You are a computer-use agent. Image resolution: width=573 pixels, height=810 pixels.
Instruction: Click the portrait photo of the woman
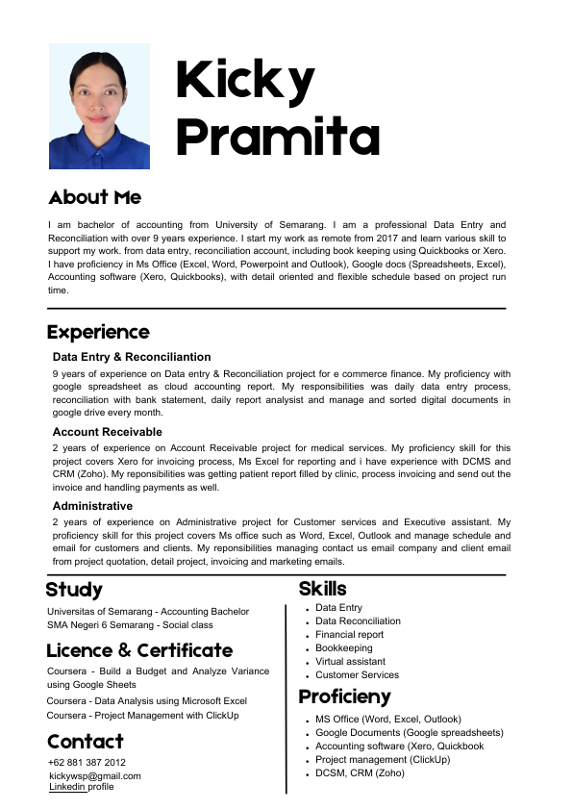coord(99,107)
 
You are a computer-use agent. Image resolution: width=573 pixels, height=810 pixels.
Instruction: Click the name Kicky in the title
coord(245,80)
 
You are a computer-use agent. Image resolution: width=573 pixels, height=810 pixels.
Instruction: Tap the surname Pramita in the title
coord(278,138)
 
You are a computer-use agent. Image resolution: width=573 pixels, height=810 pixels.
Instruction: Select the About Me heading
coord(94,197)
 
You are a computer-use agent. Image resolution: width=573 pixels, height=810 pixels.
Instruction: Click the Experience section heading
coord(98,332)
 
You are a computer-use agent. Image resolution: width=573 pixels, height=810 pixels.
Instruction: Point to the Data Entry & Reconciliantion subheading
coord(132,357)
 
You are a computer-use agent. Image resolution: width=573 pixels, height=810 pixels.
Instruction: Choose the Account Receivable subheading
coord(107,432)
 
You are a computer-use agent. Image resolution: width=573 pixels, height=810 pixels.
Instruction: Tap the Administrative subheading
coord(92,505)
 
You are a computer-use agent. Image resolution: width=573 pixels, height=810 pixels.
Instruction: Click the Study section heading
coord(74,590)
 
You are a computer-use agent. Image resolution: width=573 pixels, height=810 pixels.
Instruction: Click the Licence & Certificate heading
coord(139,650)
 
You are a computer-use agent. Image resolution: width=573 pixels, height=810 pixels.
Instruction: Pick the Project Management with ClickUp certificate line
coord(143,715)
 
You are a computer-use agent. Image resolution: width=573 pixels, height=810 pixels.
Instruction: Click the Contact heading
coord(86,742)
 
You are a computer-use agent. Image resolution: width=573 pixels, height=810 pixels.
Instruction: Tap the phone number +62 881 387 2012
coord(87,763)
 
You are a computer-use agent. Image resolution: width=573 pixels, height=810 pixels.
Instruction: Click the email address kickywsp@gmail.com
coord(94,775)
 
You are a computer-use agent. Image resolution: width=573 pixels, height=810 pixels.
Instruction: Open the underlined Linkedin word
coord(67,787)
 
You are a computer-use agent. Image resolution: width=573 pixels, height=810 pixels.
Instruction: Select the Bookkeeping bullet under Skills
coord(343,648)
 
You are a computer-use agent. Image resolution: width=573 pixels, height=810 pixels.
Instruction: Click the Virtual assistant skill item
coord(350,662)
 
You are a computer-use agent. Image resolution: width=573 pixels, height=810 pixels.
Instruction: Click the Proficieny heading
coord(344,696)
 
